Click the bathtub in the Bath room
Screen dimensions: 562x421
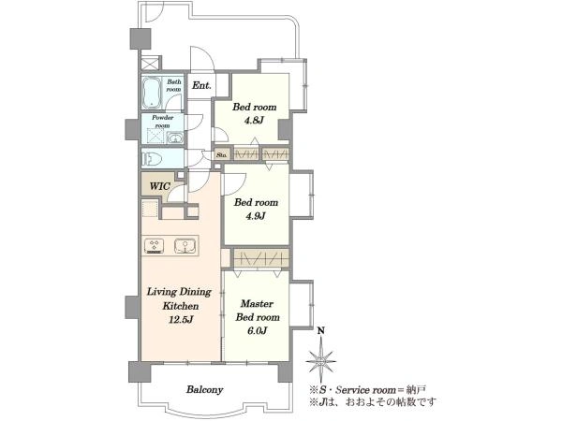153,93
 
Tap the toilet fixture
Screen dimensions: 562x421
153,158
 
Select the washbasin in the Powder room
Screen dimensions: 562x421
175,138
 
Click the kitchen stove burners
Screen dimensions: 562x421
155,246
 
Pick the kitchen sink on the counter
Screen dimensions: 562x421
185,246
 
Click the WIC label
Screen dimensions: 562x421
159,186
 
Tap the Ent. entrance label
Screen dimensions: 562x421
201,85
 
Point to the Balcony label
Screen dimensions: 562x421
204,389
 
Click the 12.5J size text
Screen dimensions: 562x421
181,319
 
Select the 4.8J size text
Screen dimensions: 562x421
254,121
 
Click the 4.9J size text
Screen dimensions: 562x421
255,216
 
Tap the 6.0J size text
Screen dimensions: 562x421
257,331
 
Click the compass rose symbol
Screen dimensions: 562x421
321,361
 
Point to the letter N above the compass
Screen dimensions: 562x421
321,330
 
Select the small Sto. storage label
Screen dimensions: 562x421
222,155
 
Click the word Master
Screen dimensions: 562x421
257,303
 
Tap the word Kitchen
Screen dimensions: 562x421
180,306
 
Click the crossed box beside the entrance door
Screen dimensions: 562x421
150,65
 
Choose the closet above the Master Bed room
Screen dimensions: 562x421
261,258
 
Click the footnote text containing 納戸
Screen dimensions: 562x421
368,390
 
